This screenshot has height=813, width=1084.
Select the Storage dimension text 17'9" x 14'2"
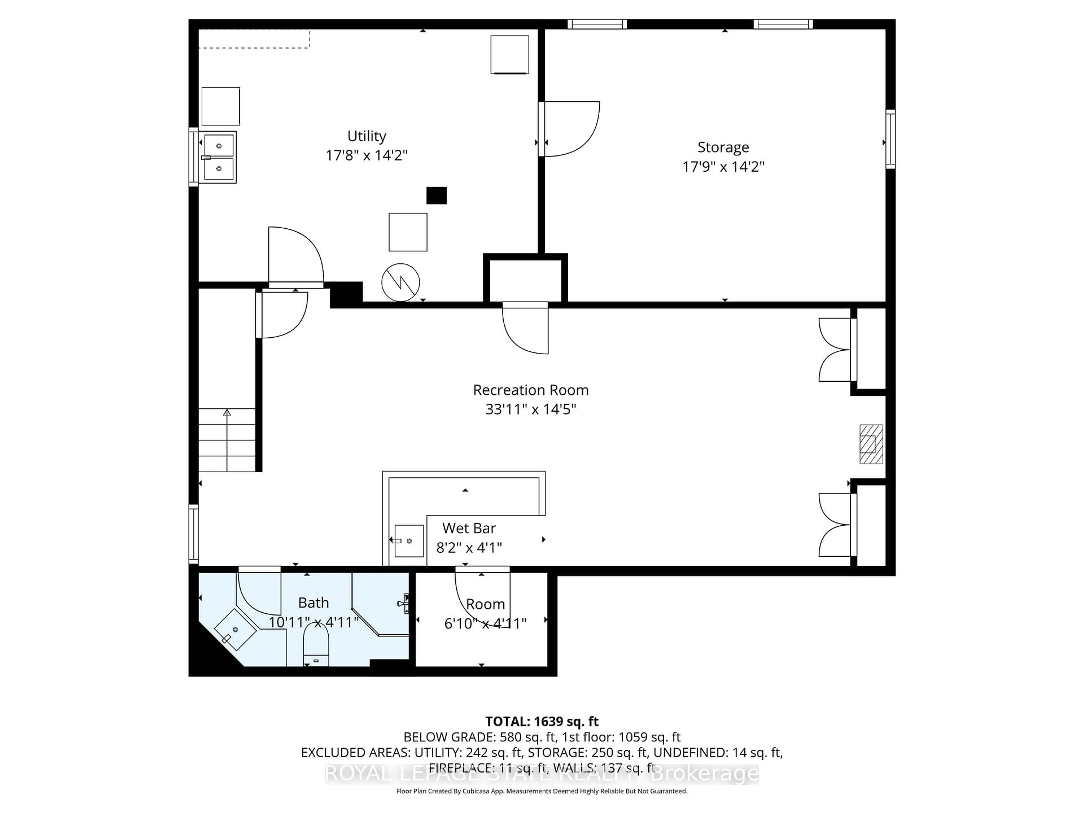(723, 167)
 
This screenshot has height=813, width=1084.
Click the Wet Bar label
(469, 528)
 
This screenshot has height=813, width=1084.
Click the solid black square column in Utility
(436, 196)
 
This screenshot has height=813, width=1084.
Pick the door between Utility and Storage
(569, 128)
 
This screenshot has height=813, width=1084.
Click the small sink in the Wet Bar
(409, 541)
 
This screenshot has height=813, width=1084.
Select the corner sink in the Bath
(235, 630)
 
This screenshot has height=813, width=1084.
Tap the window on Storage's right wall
(890, 139)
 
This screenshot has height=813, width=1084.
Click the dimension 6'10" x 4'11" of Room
(485, 623)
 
